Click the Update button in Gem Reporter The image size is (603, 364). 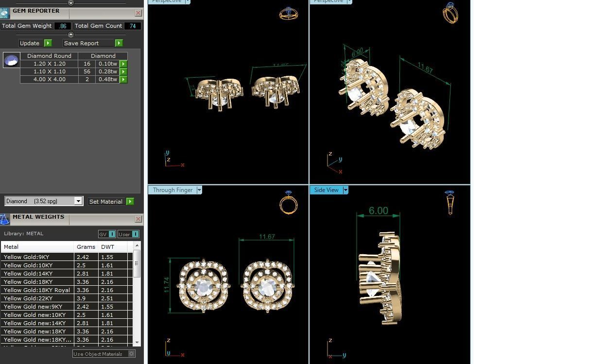tap(30, 43)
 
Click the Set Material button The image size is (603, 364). tap(106, 202)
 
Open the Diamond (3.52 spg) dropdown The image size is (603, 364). tap(78, 201)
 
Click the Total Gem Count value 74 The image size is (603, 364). tap(133, 26)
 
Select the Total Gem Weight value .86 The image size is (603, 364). tap(63, 26)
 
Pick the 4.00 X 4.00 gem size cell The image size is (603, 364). tap(49, 79)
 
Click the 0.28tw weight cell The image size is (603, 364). tap(107, 71)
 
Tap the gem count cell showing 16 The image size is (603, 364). tap(87, 64)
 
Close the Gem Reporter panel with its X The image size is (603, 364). tap(138, 13)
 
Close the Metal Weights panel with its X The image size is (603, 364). tap(138, 219)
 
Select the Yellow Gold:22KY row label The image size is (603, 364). tap(28, 298)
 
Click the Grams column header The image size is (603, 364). tap(86, 247)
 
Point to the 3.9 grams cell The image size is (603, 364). tap(81, 298)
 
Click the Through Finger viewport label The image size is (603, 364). tap(172, 190)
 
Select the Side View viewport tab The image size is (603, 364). tap(326, 190)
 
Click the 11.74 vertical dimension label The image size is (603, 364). tap(167, 285)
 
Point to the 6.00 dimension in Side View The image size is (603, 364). tap(378, 211)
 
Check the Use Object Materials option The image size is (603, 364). tap(131, 354)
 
